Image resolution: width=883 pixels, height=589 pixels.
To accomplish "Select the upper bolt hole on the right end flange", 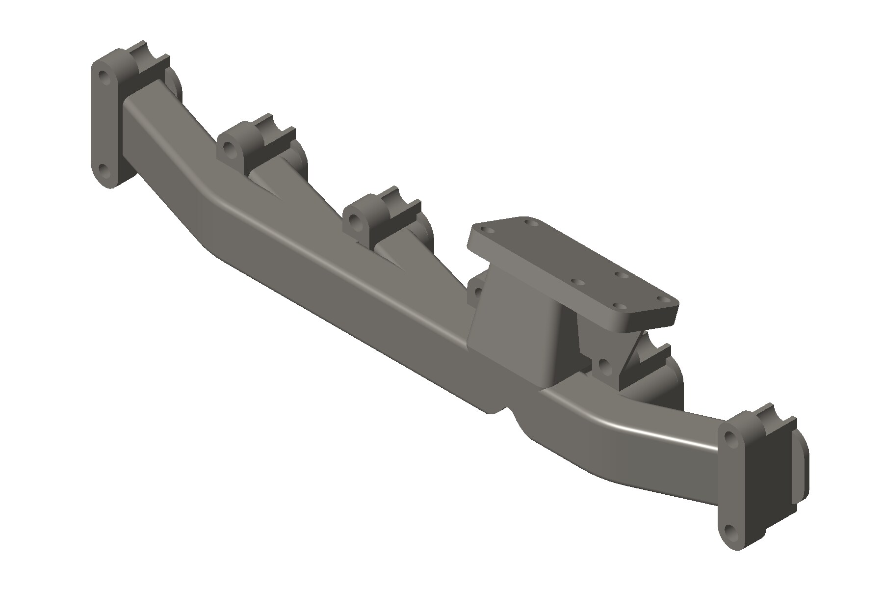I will coord(730,439).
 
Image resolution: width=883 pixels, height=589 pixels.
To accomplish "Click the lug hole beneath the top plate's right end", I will coord(604,364).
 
